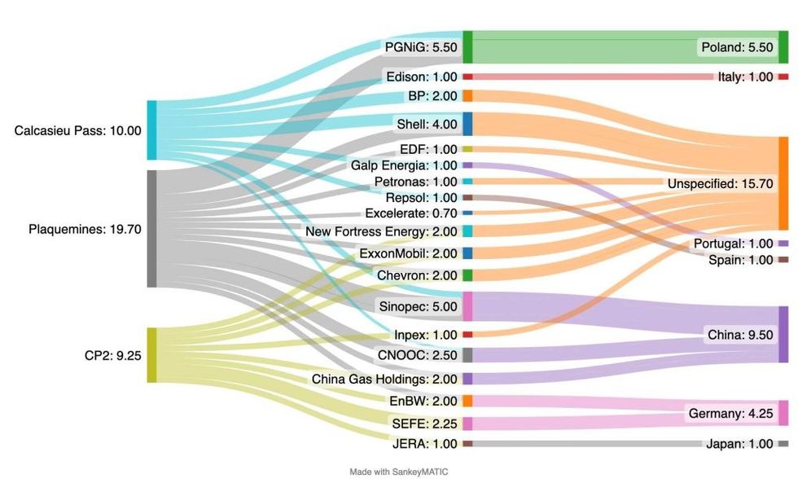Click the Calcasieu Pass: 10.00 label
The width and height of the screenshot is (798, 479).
click(x=77, y=130)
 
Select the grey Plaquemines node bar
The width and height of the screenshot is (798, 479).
click(x=151, y=229)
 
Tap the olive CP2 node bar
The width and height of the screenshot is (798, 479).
click(x=151, y=355)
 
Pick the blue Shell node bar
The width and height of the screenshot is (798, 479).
click(x=467, y=124)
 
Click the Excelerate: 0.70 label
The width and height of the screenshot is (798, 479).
click(x=411, y=213)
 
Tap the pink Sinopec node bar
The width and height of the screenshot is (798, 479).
click(x=467, y=306)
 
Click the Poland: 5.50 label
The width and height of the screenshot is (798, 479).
click(x=736, y=47)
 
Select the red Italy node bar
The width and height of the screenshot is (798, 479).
click(x=783, y=77)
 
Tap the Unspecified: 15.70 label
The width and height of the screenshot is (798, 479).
click(x=720, y=184)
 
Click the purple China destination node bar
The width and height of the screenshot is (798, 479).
click(x=783, y=335)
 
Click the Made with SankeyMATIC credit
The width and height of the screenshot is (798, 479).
click(x=399, y=472)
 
